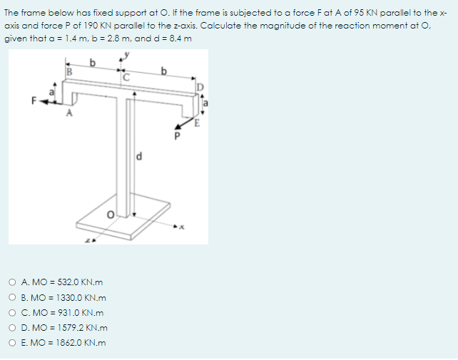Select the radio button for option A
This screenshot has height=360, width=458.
pos(14,282)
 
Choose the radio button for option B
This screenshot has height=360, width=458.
pos(14,297)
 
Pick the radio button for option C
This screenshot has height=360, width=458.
pos(14,312)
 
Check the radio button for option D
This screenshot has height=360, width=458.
pos(14,327)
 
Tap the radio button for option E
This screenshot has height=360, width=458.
pos(14,342)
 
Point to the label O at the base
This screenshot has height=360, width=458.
pos(111,215)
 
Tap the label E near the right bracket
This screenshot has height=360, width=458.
pos(201,122)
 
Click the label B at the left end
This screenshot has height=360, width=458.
pos(70,71)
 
